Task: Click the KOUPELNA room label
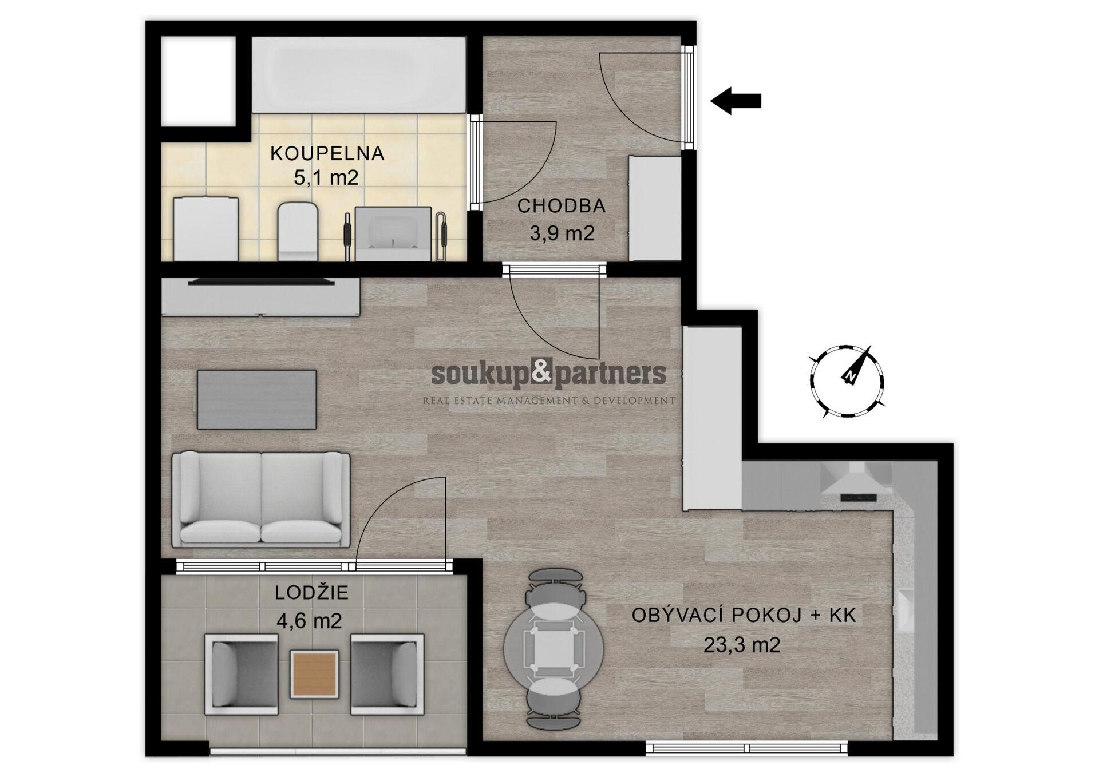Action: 327,153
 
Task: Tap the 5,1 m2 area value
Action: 326,177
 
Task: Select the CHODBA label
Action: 562,206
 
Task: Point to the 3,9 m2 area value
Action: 562,233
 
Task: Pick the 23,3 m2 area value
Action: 742,645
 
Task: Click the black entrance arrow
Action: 736,101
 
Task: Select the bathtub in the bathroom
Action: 359,75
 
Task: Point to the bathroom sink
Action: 393,234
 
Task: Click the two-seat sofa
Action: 262,498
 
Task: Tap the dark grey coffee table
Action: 257,399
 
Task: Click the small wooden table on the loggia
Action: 314,674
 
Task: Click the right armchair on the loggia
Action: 388,673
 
